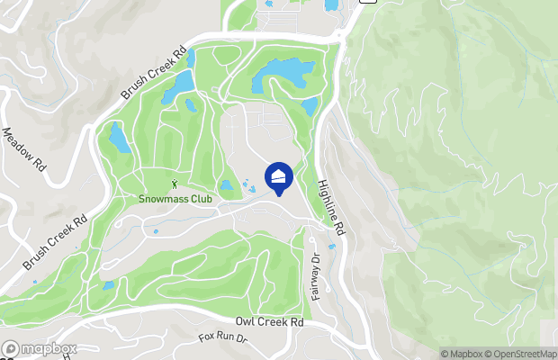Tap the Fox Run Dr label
(222, 340)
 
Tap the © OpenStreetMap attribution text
(521, 353)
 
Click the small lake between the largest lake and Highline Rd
(310, 106)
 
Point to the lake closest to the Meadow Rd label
(119, 137)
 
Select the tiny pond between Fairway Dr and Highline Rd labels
(331, 246)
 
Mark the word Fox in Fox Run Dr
(207, 338)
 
